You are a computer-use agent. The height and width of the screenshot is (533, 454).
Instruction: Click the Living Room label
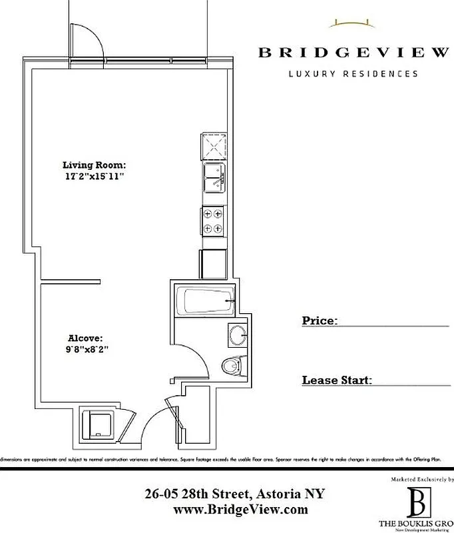(x=94, y=165)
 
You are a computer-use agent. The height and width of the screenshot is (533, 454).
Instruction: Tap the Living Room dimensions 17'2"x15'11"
(x=94, y=177)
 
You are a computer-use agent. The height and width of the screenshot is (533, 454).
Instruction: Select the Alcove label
(x=85, y=338)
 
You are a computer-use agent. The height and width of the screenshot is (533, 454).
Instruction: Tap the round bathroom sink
(x=236, y=334)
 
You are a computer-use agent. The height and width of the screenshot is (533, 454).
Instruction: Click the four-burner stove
(x=214, y=221)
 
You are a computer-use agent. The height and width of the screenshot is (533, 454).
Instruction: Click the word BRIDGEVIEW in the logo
(x=353, y=53)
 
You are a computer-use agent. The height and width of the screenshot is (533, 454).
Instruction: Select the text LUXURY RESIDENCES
(x=353, y=73)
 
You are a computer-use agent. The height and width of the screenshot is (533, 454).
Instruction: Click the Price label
(x=318, y=321)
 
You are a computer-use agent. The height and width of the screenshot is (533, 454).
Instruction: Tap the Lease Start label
(x=336, y=380)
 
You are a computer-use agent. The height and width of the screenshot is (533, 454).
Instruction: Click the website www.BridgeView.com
(x=240, y=510)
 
